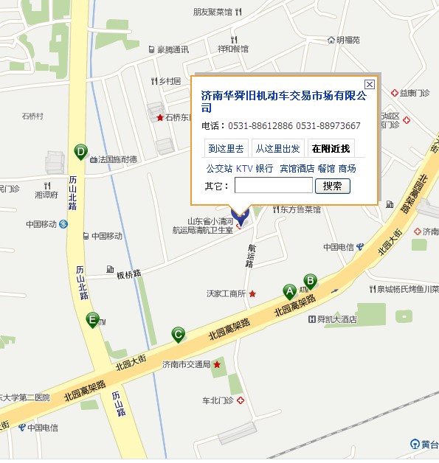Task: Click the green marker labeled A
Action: click(x=289, y=292)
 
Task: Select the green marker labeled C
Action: click(x=178, y=335)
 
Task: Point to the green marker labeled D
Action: click(x=80, y=152)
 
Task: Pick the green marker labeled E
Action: click(x=92, y=320)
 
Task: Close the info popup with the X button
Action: click(x=369, y=84)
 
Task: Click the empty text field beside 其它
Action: click(x=273, y=186)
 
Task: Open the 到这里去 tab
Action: click(x=226, y=148)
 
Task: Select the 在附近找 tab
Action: click(x=331, y=148)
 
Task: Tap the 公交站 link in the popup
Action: click(x=219, y=168)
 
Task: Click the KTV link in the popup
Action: click(x=244, y=168)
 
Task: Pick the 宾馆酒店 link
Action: click(x=297, y=168)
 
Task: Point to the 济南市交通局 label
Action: click(x=187, y=364)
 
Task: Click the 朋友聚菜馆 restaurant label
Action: click(x=212, y=12)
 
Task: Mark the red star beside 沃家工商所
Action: click(x=252, y=293)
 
